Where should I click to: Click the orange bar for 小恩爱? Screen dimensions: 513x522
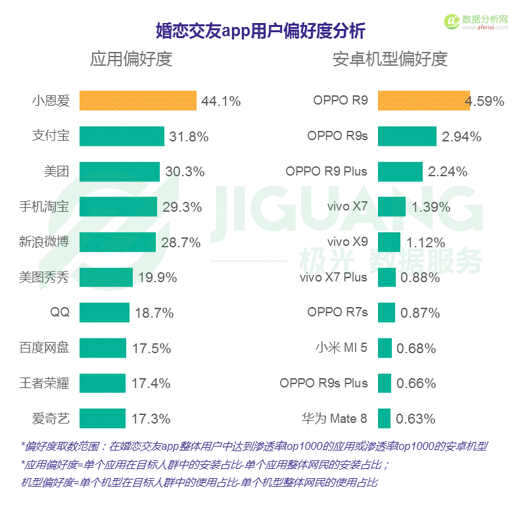click(x=137, y=101)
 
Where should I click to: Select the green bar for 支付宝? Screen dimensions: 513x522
click(x=122, y=136)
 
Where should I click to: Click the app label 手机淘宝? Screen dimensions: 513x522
click(x=44, y=207)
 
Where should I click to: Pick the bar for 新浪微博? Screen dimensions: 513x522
click(x=117, y=242)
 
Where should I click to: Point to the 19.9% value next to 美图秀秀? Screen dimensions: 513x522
click(x=157, y=278)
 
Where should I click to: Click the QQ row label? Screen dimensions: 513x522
click(x=59, y=312)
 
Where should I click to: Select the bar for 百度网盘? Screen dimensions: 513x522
click(x=103, y=348)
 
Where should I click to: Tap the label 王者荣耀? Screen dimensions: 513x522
click(x=44, y=383)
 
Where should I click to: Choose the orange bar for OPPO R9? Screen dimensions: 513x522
click(x=423, y=101)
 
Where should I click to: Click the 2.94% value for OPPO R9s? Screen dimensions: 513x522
click(x=462, y=137)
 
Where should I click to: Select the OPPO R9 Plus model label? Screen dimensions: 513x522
click(x=326, y=172)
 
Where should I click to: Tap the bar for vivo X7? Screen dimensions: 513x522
click(x=391, y=207)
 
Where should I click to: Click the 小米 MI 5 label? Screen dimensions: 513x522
click(x=341, y=347)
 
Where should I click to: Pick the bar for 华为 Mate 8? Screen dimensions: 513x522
click(x=384, y=418)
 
